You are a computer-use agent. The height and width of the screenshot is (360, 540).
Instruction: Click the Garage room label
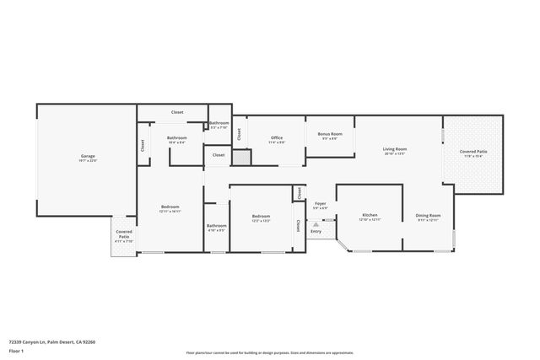88,156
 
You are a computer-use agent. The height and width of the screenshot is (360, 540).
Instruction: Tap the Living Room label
395,149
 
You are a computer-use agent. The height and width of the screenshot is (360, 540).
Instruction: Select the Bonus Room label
330,134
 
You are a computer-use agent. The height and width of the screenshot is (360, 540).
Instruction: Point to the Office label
277,137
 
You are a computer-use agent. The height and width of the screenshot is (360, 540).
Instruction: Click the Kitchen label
370,215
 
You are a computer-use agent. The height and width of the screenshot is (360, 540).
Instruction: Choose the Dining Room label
429,215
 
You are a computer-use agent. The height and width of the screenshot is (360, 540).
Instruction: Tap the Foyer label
321,203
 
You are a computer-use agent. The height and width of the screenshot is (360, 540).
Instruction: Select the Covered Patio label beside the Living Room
473,152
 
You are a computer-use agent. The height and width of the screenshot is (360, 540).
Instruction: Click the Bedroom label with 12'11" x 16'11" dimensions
170,207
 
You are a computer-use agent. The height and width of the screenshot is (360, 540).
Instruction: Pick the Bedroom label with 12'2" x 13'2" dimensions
261,217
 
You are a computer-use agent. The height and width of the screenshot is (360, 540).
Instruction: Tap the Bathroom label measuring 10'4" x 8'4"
176,137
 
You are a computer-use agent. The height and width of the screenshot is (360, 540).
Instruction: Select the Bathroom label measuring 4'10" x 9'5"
217,225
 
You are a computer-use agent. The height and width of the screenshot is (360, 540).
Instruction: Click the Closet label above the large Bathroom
177,112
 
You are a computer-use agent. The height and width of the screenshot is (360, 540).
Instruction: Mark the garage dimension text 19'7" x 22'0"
88,161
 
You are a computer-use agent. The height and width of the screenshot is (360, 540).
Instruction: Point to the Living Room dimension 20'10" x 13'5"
395,154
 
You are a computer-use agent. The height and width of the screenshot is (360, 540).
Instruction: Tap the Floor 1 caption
15,350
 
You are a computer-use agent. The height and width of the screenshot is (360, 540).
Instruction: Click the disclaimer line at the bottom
270,352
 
